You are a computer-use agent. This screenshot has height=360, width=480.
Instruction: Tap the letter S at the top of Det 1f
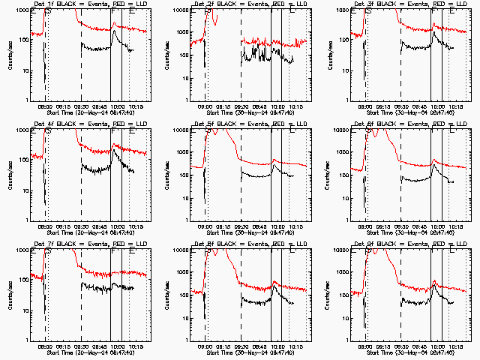48,12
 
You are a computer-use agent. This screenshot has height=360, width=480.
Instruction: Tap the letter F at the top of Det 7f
112,252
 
